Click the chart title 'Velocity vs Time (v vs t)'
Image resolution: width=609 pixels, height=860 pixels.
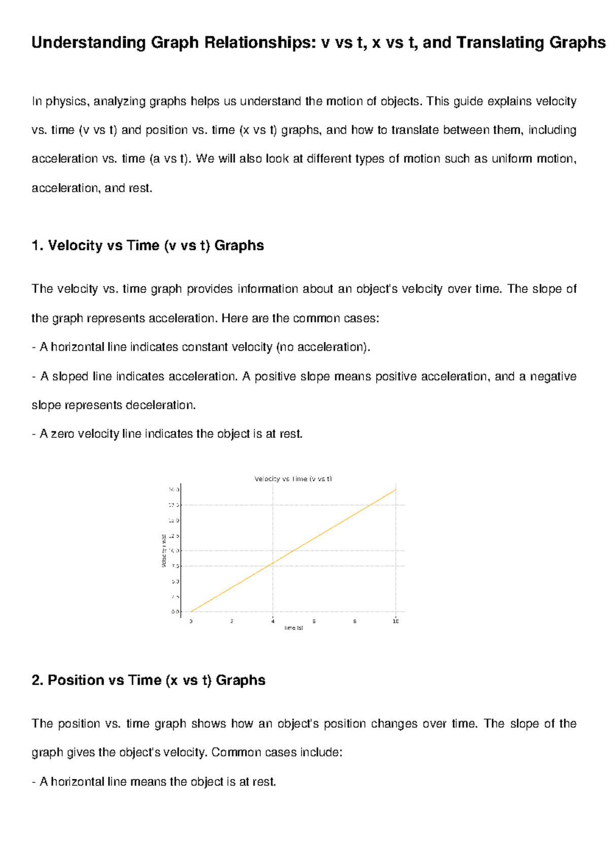[x=293, y=479]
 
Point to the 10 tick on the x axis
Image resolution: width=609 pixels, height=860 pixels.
[x=396, y=621]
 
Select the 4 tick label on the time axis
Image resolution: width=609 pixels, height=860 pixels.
[x=273, y=621]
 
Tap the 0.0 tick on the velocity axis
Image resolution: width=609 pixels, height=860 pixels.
[x=175, y=612]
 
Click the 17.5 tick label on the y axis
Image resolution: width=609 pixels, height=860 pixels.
[x=174, y=505]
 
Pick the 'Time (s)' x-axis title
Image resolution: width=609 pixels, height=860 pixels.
[x=293, y=628]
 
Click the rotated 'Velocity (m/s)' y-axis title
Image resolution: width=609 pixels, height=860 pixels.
[x=164, y=551]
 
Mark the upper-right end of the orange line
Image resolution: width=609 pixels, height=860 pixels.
[x=395, y=490]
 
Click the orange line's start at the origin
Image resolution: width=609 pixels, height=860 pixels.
[x=191, y=612]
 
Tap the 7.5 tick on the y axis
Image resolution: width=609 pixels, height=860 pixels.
[x=175, y=566]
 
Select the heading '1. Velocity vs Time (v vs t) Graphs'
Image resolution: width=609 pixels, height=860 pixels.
[x=147, y=245]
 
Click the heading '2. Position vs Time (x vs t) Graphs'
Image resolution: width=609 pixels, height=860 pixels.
[x=148, y=680]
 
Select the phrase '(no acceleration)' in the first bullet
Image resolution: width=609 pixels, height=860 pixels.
[x=323, y=347]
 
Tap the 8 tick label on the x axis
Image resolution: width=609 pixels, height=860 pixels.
[x=355, y=621]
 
